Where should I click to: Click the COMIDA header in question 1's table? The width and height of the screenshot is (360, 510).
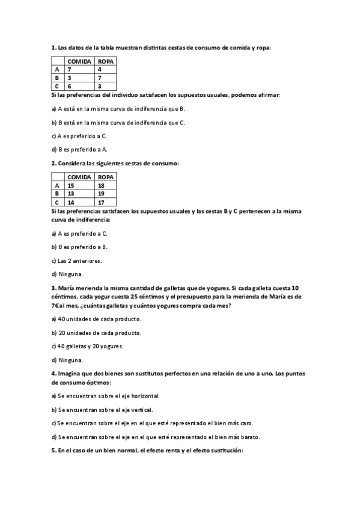click(79, 61)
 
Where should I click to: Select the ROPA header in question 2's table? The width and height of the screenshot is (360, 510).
click(106, 177)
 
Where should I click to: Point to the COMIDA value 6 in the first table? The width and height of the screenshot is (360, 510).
click(70, 87)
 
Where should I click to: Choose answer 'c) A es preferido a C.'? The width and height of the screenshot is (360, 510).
click(79, 136)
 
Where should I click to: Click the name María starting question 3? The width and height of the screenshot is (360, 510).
click(68, 288)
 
